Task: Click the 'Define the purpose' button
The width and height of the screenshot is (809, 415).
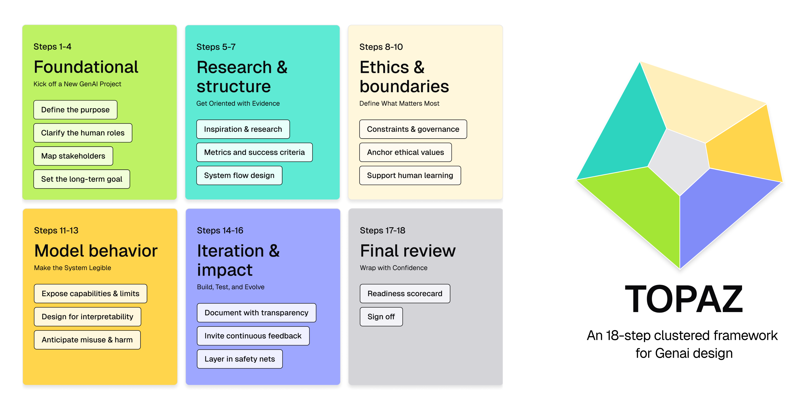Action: pos(75,110)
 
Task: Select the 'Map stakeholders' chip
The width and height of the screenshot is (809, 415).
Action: pos(73,156)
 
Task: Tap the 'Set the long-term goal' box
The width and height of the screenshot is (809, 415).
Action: pos(82,179)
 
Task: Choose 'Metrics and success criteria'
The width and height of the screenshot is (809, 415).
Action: pos(254,152)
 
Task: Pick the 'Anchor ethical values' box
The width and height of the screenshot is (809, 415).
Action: pos(405,152)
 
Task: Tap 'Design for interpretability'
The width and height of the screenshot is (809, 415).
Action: pos(87,317)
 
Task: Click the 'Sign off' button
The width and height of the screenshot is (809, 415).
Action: pos(381,317)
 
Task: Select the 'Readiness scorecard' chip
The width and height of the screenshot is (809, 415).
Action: pos(405,294)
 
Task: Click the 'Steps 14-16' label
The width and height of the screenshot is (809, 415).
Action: pos(220,231)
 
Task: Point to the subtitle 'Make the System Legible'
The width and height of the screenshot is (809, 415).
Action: pos(72,268)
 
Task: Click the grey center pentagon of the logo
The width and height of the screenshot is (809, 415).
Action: pos(678,162)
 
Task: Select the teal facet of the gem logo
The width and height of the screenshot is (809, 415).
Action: pos(625,132)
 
